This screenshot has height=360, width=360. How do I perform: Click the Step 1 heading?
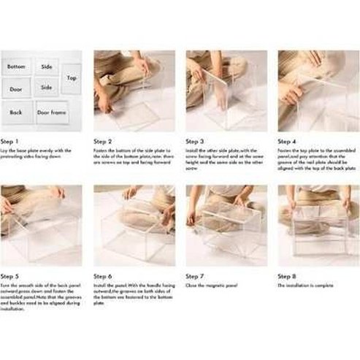click(x=10, y=141)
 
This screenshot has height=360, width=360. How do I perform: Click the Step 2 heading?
click(x=103, y=141)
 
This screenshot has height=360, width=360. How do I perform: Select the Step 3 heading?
click(x=195, y=141)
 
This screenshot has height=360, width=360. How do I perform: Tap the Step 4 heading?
click(x=288, y=141)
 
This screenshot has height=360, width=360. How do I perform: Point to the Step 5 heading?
click(x=10, y=277)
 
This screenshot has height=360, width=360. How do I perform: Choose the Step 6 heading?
click(x=103, y=277)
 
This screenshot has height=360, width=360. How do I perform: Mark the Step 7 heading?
click(x=195, y=277)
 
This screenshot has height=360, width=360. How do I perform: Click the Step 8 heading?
click(x=288, y=277)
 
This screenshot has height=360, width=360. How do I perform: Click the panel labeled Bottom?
click(x=16, y=66)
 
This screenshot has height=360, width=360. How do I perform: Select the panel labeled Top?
click(x=72, y=77)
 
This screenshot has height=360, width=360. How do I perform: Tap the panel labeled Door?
click(x=16, y=89)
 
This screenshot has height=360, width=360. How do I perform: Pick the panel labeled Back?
click(x=16, y=112)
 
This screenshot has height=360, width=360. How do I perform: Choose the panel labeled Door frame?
click(x=53, y=112)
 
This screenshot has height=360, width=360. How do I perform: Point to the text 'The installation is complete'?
click(x=305, y=286)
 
